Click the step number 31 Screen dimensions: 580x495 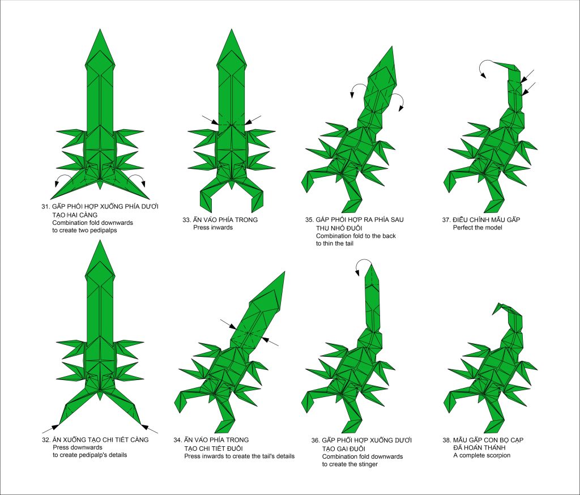point(45,206)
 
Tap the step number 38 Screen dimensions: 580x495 point(446,440)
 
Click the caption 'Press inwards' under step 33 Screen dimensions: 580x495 point(213,228)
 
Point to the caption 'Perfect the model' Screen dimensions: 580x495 point(477,228)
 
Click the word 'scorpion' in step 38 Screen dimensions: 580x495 point(498,455)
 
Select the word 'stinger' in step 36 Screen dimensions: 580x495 point(367,464)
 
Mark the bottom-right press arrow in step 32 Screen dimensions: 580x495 point(150,429)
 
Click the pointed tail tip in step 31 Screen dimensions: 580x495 point(100,29)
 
